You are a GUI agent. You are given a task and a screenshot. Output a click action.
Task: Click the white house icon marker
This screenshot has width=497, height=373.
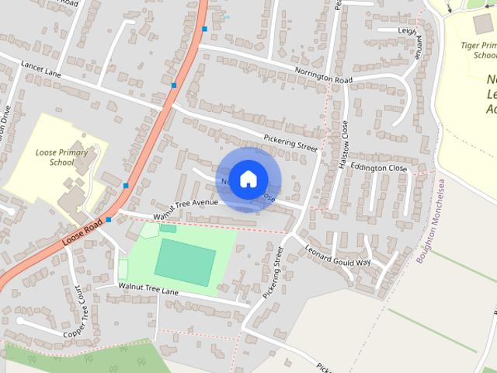[248, 179]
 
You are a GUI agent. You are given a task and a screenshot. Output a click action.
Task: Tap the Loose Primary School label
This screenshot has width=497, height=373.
[55, 157]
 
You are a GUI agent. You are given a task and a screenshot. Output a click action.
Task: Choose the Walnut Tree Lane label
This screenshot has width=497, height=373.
[149, 288]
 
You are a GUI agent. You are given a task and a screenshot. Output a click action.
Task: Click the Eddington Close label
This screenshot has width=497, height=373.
[378, 168]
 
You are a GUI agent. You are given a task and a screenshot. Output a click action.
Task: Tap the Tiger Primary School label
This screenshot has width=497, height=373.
[478, 50]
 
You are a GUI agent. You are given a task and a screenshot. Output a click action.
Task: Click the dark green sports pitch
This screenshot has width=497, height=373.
[185, 262]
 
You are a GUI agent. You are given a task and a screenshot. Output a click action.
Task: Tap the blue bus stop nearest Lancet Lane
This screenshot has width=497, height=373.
[174, 85]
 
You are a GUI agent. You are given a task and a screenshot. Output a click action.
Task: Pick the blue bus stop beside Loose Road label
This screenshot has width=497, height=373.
[109, 220]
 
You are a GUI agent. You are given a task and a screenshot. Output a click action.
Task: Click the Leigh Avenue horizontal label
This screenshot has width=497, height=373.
[408, 30]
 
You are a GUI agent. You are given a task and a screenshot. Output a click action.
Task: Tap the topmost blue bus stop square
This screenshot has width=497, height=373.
[204, 29]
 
